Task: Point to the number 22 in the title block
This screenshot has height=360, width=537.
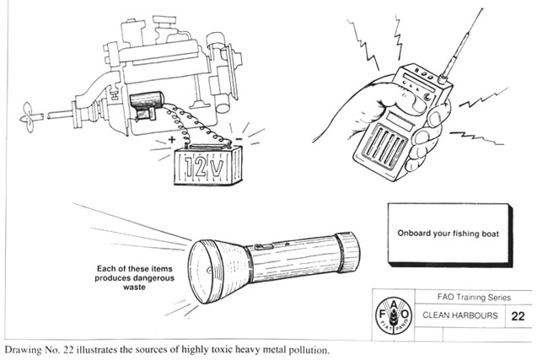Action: [x=518, y=317]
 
